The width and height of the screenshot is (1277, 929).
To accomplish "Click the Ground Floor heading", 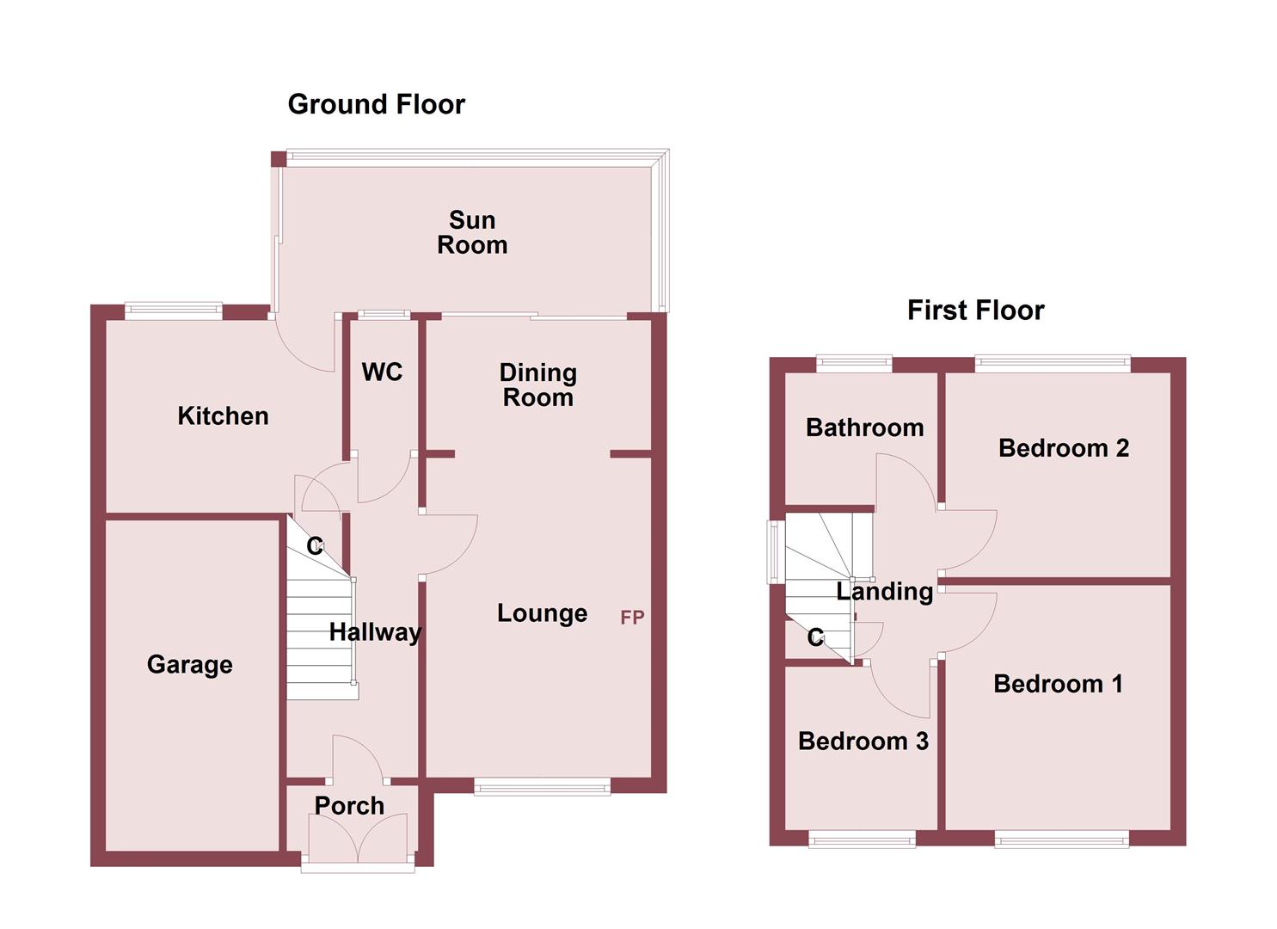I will tap(376, 104).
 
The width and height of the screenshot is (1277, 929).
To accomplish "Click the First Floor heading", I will tap(975, 310).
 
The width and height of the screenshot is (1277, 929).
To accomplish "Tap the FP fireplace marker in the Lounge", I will tap(632, 617).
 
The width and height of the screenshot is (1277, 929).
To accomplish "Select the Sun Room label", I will tap(472, 232).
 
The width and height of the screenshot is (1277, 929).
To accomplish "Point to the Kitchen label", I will tap(223, 416).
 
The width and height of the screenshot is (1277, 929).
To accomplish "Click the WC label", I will tap(382, 372).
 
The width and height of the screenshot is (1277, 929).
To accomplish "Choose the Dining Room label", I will tap(538, 385).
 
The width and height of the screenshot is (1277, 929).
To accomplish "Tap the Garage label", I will tap(189, 664).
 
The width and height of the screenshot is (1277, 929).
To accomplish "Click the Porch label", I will tap(349, 806).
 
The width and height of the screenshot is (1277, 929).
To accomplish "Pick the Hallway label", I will tap(375, 632).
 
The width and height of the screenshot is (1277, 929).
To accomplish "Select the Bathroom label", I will tap(864, 428).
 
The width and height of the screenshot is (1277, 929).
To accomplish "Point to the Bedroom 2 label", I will tap(1063, 448).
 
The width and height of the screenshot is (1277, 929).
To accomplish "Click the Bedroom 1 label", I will tap(1058, 684).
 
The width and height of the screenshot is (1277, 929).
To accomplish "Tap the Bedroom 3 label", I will tap(863, 741).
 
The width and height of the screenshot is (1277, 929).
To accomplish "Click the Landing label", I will tap(885, 591).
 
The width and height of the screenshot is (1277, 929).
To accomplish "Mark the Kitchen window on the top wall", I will tap(174, 311).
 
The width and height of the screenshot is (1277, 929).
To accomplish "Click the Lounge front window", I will tap(542, 786).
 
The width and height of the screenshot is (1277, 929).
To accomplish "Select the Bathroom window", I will tap(854, 364).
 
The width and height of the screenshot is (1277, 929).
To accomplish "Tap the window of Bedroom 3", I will tap(862, 840).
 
